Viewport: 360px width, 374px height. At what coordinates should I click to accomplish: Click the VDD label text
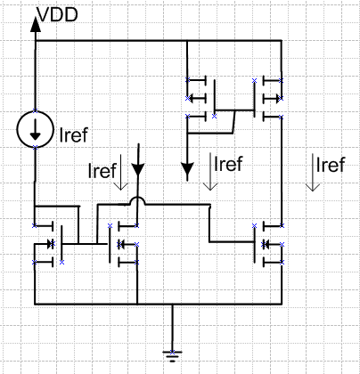57,15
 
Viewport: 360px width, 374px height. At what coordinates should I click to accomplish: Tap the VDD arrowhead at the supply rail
36,24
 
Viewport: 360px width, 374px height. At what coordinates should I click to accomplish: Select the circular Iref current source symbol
36,129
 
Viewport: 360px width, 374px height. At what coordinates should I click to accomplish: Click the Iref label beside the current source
74,134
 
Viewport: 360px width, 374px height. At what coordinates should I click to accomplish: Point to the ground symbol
172,356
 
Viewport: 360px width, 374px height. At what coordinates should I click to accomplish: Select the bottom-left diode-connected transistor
48,244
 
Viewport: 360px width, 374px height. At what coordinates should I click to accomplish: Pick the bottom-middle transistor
123,244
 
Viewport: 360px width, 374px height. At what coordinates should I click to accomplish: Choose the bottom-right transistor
268,244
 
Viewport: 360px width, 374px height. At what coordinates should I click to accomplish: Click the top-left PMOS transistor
201,99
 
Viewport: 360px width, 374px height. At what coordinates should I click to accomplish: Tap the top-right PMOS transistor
268,99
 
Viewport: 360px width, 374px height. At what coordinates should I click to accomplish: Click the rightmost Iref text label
331,165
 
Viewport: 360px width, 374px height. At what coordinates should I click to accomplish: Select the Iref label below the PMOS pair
228,164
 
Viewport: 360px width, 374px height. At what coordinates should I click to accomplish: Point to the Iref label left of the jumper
102,171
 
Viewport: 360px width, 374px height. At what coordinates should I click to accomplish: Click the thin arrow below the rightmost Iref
313,173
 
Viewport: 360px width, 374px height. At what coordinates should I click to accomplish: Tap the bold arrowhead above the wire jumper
138,170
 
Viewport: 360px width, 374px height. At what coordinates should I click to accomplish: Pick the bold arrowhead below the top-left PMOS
187,170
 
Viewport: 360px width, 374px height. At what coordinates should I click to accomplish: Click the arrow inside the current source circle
36,130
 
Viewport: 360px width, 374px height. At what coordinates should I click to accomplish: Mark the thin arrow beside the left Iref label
121,172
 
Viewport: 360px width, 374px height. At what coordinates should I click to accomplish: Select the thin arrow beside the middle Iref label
210,172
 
